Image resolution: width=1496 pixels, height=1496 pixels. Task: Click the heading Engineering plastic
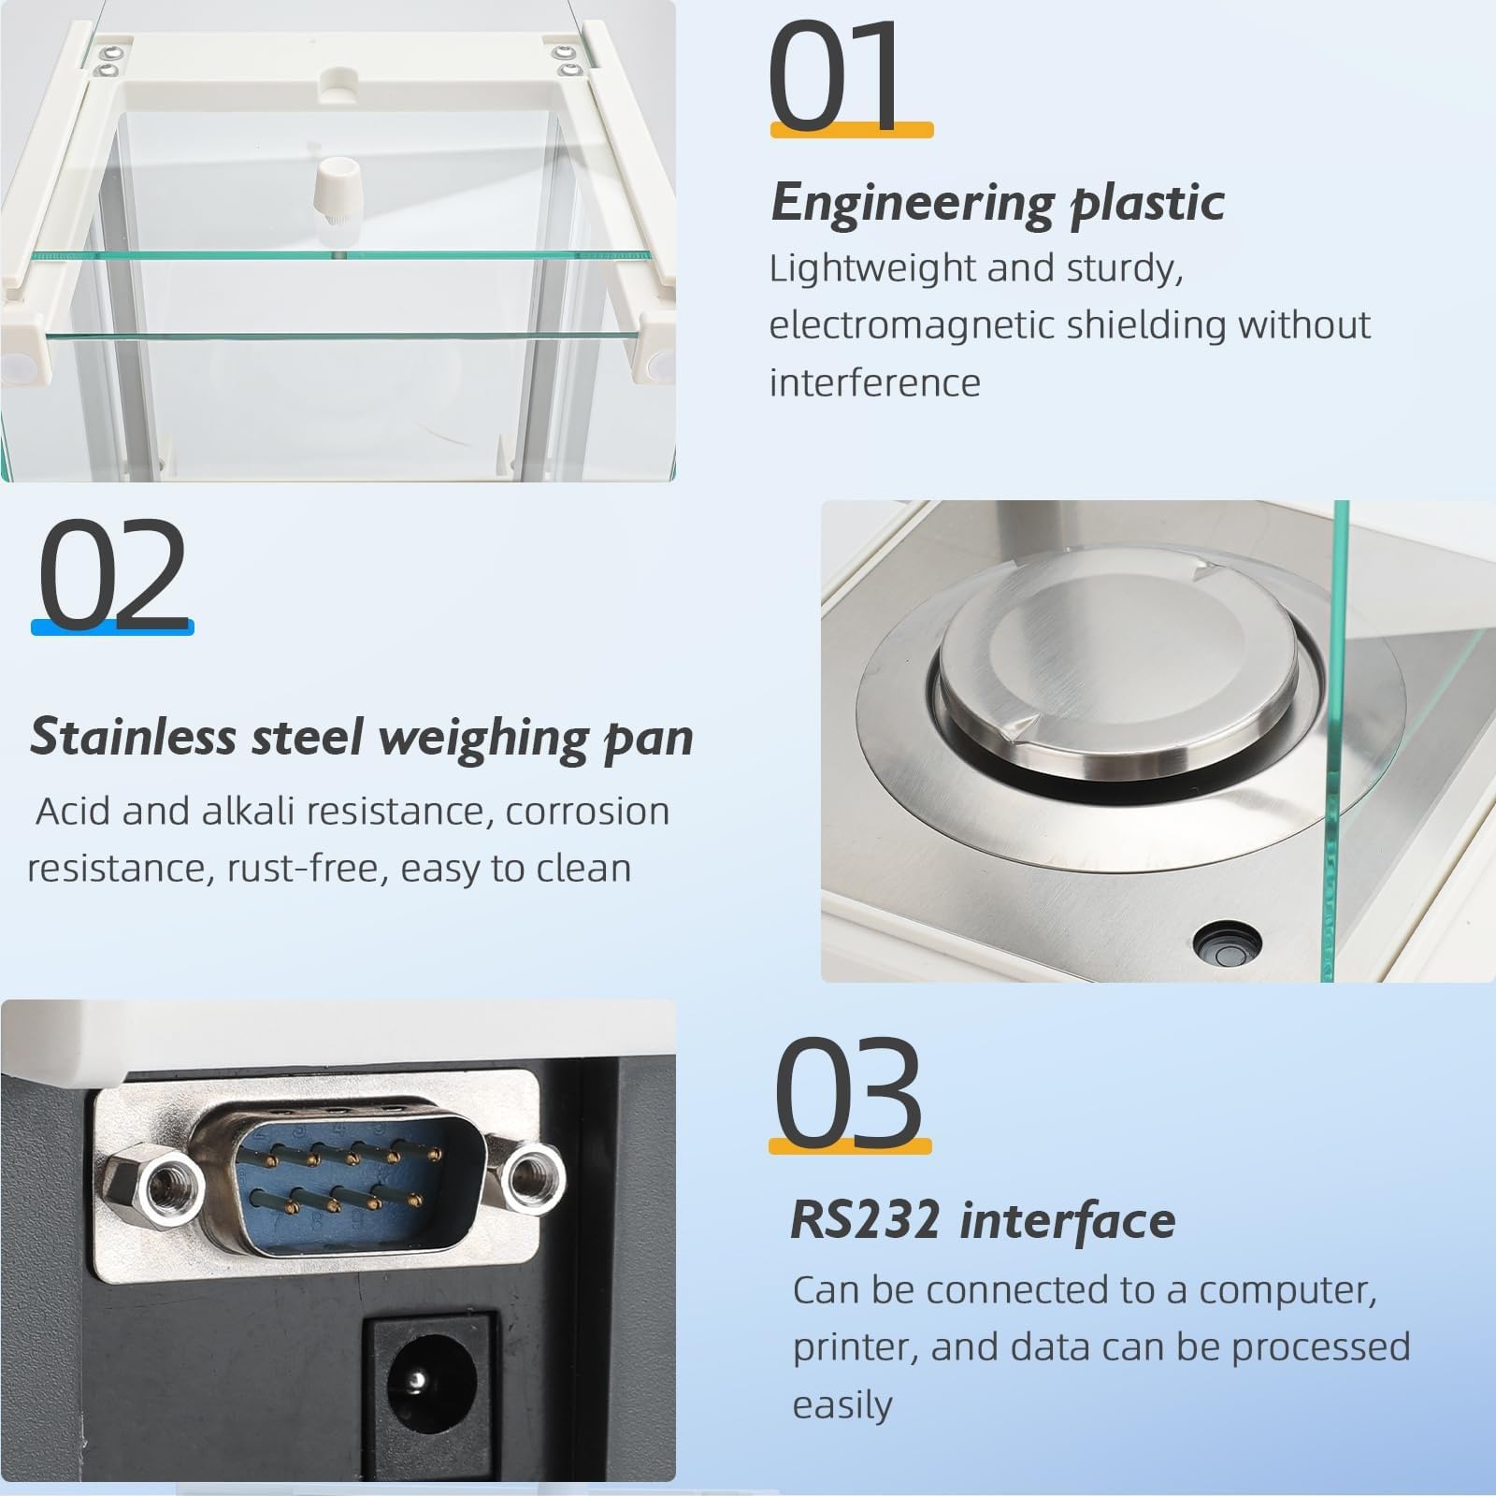[x=998, y=203]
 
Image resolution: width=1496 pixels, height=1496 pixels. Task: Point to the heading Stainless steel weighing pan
[x=362, y=737]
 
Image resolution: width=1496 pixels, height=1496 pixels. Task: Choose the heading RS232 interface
[x=983, y=1220]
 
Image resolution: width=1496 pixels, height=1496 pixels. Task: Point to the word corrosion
[x=587, y=812]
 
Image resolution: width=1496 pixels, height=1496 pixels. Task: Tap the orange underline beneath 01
[x=852, y=130]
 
